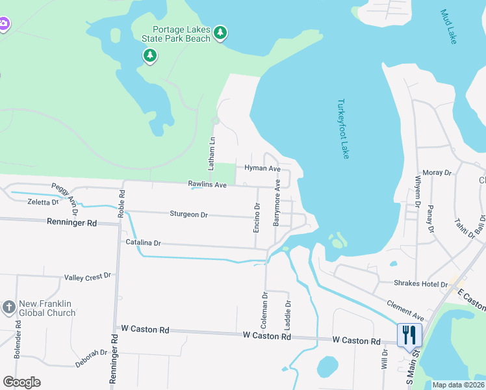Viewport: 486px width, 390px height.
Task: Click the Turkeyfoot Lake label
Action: point(344,129)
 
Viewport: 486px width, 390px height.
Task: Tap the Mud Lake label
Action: point(449,27)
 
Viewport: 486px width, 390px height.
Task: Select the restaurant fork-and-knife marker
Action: point(409,335)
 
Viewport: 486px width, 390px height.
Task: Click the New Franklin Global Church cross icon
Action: point(8,307)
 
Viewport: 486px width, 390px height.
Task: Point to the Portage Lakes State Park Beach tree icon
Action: point(220,32)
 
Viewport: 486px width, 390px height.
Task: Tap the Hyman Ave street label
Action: point(262,168)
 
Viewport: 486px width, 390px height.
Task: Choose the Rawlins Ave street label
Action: point(207,185)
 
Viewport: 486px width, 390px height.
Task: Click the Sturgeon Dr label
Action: point(188,214)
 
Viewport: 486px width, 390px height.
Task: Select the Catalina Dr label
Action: point(143,242)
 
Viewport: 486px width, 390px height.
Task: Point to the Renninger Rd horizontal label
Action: point(71,222)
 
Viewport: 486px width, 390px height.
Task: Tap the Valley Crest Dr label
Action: point(88,277)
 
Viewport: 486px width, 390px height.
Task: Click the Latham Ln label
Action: point(212,149)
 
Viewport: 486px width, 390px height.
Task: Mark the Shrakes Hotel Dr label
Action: point(421,284)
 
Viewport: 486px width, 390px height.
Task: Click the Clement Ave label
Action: point(405,309)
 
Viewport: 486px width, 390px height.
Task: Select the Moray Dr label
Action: point(437,173)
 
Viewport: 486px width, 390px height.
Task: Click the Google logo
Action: point(22,382)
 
